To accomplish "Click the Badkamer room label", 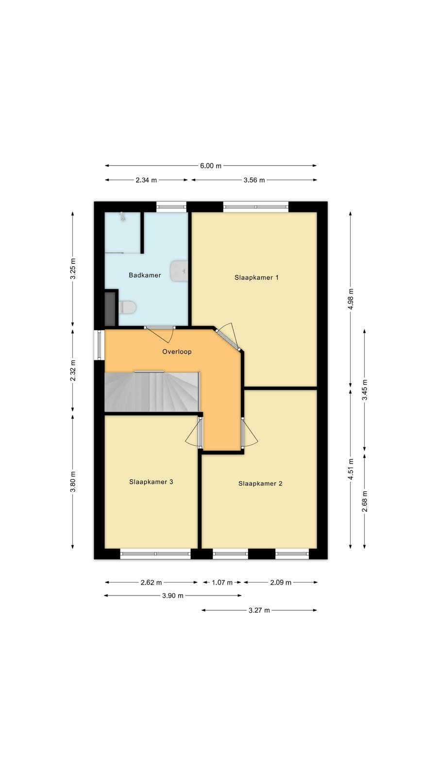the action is coord(145,275).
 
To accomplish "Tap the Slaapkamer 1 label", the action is coord(256,277).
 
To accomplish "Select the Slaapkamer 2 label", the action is coord(260,483).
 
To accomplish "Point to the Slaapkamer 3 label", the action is coord(151,482).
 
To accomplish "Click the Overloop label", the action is coord(177,352).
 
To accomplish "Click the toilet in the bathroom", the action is coord(127,307).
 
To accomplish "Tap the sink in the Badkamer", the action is coord(179,271).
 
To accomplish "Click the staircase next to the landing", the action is coord(152,392).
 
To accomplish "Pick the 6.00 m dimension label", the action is coord(211,165).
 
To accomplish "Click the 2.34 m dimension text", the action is coord(146,180).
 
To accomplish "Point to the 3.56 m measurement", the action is coord(254,180).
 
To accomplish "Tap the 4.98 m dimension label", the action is coord(351,299).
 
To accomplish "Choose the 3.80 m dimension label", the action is coord(73,482).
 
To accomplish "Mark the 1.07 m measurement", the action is coord(222,582).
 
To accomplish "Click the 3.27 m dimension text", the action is coord(259,610).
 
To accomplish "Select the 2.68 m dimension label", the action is coord(365,501).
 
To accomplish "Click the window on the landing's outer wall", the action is coord(99,345).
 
